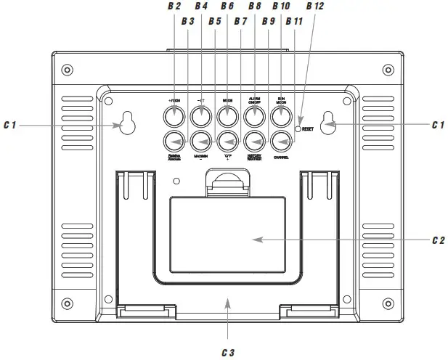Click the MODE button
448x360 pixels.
coord(228,115)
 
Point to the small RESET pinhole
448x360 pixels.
coord(298,128)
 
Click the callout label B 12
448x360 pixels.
coord(316,7)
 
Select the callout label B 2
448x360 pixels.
coord(174,7)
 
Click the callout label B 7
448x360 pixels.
coord(241,22)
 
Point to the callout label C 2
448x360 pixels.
coord(437,240)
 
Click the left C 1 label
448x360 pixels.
coord(9,126)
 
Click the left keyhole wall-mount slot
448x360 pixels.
coord(129,123)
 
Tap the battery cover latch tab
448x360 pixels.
coord(228,182)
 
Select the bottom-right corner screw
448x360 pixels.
coord(389,303)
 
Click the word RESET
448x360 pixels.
coord(311,129)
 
